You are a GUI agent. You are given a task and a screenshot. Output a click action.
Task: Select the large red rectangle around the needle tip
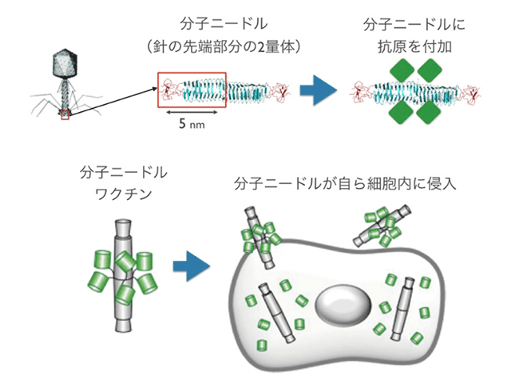(192, 90)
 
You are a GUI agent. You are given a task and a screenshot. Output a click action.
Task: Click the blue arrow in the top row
(318, 90)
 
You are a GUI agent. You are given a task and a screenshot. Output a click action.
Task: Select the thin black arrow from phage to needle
(112, 99)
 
